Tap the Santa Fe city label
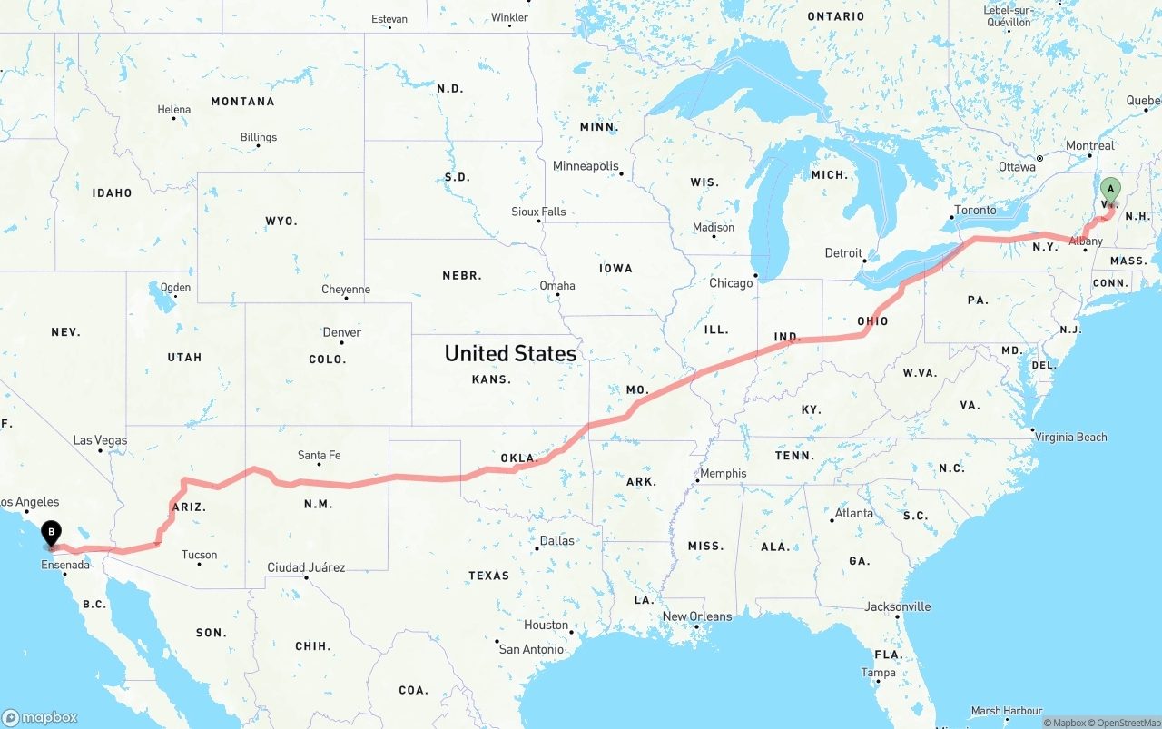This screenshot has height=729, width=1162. pos(319,456)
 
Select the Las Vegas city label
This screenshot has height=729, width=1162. pos(100,440)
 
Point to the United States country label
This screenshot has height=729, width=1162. pos(510,353)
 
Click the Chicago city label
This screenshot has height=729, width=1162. pos(731,283)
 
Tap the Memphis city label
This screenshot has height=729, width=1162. pos(723,473)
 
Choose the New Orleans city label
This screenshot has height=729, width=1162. pos(696,616)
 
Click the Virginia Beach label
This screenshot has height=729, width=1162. pos(1071,437)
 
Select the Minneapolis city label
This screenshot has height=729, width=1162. pos(586,166)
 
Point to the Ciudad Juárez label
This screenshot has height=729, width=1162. pos(306,567)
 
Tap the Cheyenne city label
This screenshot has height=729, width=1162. pos(346,290)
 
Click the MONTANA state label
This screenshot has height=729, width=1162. pos(242,102)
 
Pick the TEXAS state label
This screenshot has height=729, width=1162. pos(488,576)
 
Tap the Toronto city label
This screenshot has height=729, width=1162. pos(975,210)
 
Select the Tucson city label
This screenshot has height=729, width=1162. pos(199,555)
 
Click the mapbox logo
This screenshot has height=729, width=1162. pos(40,717)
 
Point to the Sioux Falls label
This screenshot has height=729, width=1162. pos(538,212)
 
